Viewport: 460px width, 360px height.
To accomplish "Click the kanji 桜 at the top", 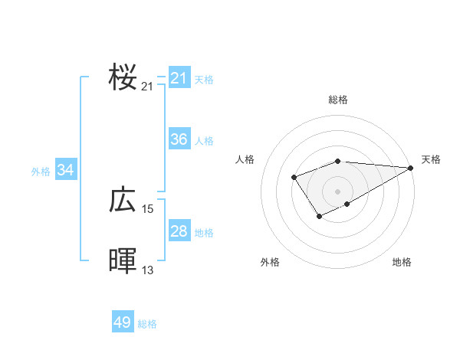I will point(123,77).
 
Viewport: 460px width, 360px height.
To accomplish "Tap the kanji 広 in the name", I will point(123,200).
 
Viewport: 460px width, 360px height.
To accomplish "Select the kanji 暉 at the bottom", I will point(123,261).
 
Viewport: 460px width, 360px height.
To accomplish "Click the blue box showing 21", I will point(179,78).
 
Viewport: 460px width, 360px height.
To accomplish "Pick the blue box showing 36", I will point(179,139).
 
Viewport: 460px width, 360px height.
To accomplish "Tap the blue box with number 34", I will point(65,170).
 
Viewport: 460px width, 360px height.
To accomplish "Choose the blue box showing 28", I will point(179,231).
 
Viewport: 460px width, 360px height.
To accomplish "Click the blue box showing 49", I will point(123,322).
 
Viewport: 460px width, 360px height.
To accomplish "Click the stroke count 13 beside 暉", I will point(148,270).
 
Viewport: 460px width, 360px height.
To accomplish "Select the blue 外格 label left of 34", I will point(41,172).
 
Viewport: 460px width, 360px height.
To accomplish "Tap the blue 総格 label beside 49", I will point(147,324).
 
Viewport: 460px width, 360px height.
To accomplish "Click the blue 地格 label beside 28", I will point(204,233).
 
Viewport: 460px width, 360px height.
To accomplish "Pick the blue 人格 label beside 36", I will point(204,141).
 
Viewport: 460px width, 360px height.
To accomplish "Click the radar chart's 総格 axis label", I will point(338,100).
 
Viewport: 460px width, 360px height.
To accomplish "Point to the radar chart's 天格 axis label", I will point(431,159).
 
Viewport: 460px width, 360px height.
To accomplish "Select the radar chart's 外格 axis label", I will point(270,263).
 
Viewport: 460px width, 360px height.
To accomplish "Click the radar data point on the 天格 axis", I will point(411,168).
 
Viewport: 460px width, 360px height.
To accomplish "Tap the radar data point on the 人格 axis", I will point(294,178).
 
